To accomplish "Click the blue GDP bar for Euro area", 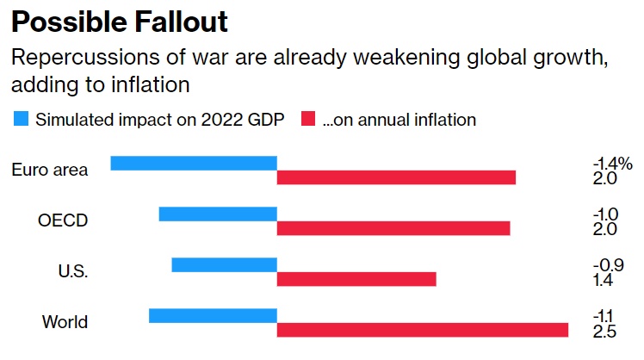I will (194, 163).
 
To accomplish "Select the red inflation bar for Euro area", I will (396, 177).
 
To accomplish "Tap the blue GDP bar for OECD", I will (218, 214).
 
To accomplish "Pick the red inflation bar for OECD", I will (393, 228).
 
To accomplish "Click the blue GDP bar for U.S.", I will (224, 264).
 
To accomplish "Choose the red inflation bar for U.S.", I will (356, 279).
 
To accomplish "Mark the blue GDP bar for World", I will (213, 315).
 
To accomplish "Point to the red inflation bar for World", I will (423, 330).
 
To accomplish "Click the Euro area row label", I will (50, 170).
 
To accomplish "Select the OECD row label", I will (63, 220).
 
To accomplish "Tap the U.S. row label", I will (73, 271).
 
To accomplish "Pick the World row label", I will (65, 322).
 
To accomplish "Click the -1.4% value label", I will (612, 163).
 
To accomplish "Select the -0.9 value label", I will (608, 264).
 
